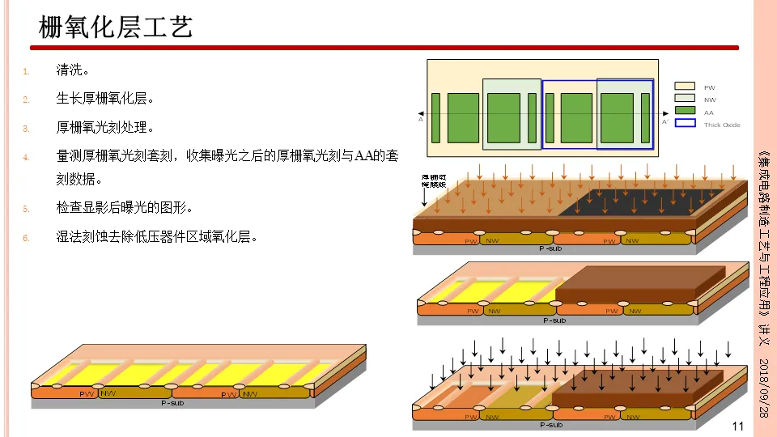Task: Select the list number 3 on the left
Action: click(x=26, y=128)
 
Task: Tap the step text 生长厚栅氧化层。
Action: click(x=104, y=99)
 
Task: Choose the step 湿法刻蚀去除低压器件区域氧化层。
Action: click(x=156, y=237)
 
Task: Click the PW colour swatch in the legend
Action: click(x=685, y=86)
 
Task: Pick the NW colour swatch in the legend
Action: click(x=685, y=99)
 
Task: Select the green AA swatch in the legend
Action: click(x=685, y=111)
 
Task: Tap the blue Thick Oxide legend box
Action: click(x=685, y=123)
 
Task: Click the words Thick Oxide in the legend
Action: click(x=722, y=125)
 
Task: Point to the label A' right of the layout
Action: click(x=664, y=121)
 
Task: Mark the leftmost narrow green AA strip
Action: click(x=435, y=118)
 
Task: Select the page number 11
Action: click(x=737, y=426)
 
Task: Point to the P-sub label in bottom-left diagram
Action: click(x=172, y=403)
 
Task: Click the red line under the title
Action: click(x=388, y=48)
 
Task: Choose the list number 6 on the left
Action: click(x=26, y=238)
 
